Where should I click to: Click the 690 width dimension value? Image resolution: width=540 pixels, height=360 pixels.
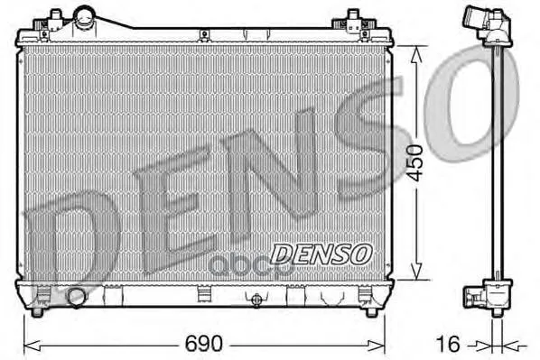(x=204, y=344)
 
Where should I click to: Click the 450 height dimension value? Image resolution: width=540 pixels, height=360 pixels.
(x=414, y=162)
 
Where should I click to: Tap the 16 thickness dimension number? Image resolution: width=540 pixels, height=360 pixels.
(x=448, y=344)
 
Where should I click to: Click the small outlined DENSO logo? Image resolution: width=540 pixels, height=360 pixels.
(x=321, y=254)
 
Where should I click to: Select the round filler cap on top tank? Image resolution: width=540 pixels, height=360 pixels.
(x=84, y=17)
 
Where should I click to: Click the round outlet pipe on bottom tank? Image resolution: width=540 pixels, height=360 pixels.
(x=76, y=298)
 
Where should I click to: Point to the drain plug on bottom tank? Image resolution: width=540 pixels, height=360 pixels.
(x=256, y=300)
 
